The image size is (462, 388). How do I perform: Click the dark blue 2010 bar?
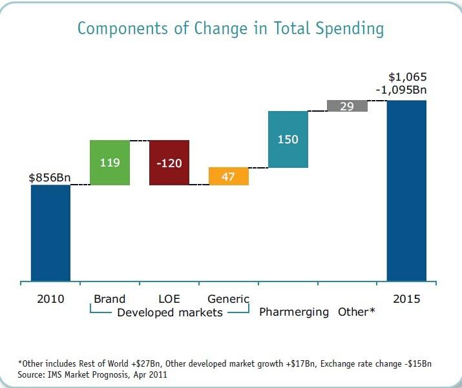[x=50, y=233]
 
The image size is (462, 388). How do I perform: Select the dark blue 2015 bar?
[x=406, y=190]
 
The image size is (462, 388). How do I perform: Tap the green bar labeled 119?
[x=110, y=163]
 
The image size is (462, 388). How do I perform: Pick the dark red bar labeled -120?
[x=169, y=163]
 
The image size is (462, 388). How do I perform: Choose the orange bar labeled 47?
[x=228, y=176]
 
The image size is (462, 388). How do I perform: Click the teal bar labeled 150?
[x=288, y=139]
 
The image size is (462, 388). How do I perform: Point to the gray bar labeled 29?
[x=347, y=106]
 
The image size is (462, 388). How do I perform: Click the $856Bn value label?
[x=50, y=178]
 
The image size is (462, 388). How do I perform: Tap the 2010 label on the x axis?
[x=50, y=299]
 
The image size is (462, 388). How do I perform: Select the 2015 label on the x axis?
[x=406, y=299]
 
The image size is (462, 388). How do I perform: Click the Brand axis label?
[x=109, y=299]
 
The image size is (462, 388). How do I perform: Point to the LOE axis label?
[x=169, y=299]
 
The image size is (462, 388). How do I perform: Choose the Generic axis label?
[x=228, y=299]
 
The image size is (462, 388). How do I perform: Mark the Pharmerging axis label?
[x=295, y=312]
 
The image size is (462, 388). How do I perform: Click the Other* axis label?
[x=356, y=312]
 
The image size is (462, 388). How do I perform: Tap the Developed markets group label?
[x=169, y=312]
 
